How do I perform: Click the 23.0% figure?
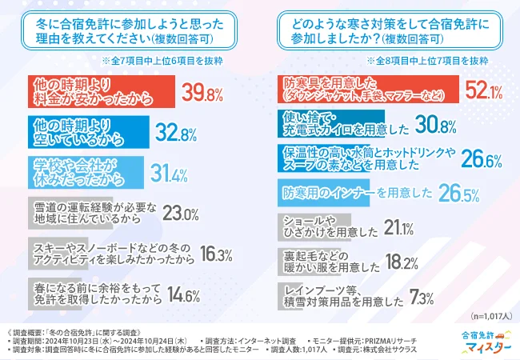[180, 214]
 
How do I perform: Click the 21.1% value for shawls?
[398, 229]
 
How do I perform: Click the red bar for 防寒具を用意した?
[367, 90]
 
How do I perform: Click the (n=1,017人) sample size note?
[486, 316]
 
